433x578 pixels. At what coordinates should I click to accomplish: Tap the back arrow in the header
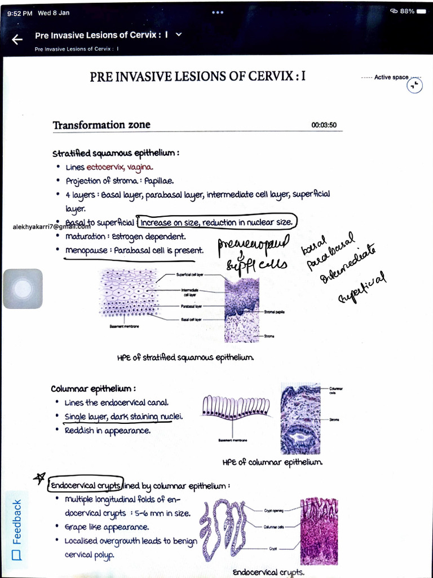point(17,39)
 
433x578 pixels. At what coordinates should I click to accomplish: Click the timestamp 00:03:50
point(324,125)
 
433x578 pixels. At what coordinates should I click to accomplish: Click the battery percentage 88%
point(407,11)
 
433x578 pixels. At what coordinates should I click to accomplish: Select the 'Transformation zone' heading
point(101,125)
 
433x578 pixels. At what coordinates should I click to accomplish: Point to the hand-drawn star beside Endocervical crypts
point(39,479)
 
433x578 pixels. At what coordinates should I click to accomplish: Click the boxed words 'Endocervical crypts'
point(85,485)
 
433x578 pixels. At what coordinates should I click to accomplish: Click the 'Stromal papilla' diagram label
point(275,312)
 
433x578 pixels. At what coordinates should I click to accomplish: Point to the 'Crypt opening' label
point(273,510)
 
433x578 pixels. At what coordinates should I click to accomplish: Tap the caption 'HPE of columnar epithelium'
point(272,462)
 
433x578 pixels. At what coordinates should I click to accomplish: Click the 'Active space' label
point(391,77)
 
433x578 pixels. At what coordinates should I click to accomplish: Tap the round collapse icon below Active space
point(414,85)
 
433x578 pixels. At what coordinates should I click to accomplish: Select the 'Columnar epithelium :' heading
point(93,389)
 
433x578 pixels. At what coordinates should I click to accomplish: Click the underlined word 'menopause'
point(86,250)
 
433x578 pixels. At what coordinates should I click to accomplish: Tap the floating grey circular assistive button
point(23,288)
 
